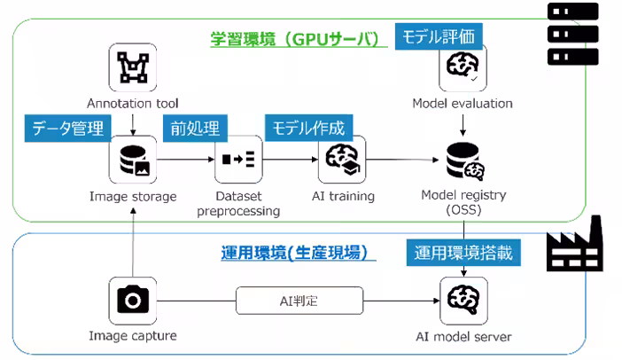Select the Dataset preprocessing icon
(x=237, y=160)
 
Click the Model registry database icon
(x=463, y=160)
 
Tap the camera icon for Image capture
(x=132, y=301)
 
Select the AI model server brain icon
(x=463, y=301)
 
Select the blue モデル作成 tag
(x=308, y=128)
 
